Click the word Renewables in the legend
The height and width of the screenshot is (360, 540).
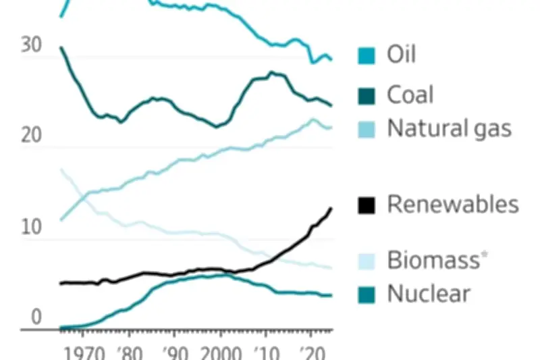coord(453,204)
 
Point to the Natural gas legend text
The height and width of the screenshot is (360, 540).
coord(450,129)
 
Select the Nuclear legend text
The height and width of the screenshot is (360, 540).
coord(429,294)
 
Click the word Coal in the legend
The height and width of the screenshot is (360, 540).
coord(410,95)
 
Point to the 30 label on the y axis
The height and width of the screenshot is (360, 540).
coord(30,45)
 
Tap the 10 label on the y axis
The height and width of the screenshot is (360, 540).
coord(30,228)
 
